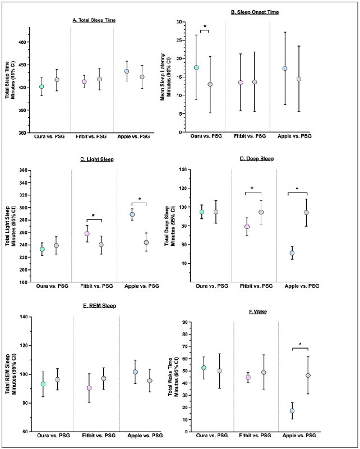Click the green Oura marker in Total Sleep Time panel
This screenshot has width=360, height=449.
41,86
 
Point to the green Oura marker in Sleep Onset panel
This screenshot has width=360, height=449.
196,67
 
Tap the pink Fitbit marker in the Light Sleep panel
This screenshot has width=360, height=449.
87,233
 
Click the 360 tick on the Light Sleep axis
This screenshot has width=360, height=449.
26,170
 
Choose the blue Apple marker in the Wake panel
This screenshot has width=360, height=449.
292,411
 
